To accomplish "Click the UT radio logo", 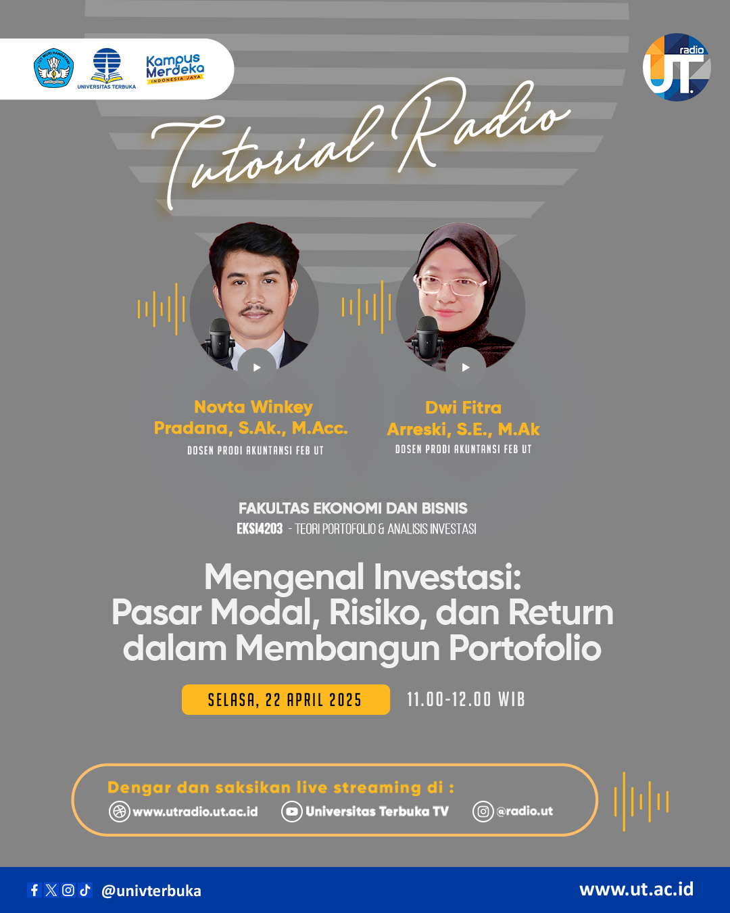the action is [x=677, y=68].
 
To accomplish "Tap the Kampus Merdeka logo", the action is [x=175, y=69].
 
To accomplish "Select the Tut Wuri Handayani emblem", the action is [x=53, y=68].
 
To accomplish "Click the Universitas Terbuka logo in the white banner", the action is [x=107, y=68].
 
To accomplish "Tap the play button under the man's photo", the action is [x=257, y=367].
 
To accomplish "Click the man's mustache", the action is [x=255, y=310].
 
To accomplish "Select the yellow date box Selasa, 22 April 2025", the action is [x=285, y=699].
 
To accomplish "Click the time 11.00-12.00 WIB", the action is [x=466, y=699].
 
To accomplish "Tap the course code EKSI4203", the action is [x=260, y=529].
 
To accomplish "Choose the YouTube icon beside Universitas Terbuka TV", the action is [x=292, y=811].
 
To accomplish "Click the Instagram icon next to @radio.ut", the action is [x=483, y=811].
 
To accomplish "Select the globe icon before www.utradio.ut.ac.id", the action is [x=119, y=811].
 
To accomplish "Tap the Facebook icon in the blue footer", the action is [x=34, y=890].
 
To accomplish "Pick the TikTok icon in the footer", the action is [x=85, y=890].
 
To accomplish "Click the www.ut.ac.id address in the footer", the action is [x=636, y=889].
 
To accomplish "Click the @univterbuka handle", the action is [x=151, y=891].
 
